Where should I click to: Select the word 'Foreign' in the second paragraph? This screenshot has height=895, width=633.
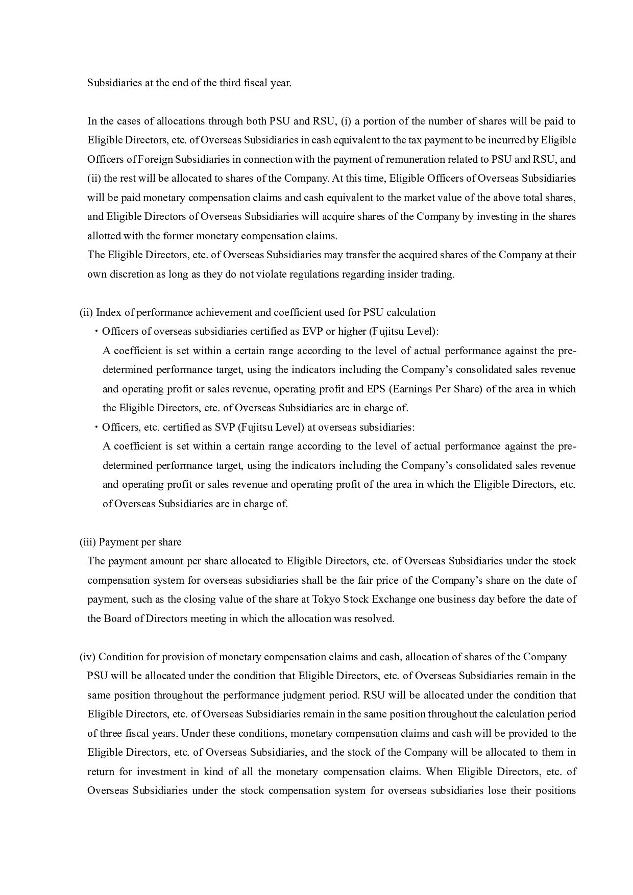tap(155, 159)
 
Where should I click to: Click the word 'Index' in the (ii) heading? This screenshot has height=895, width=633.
tap(108, 312)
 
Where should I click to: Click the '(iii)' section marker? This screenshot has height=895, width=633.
tap(87, 542)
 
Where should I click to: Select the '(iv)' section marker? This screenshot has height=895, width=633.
tap(87, 657)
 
